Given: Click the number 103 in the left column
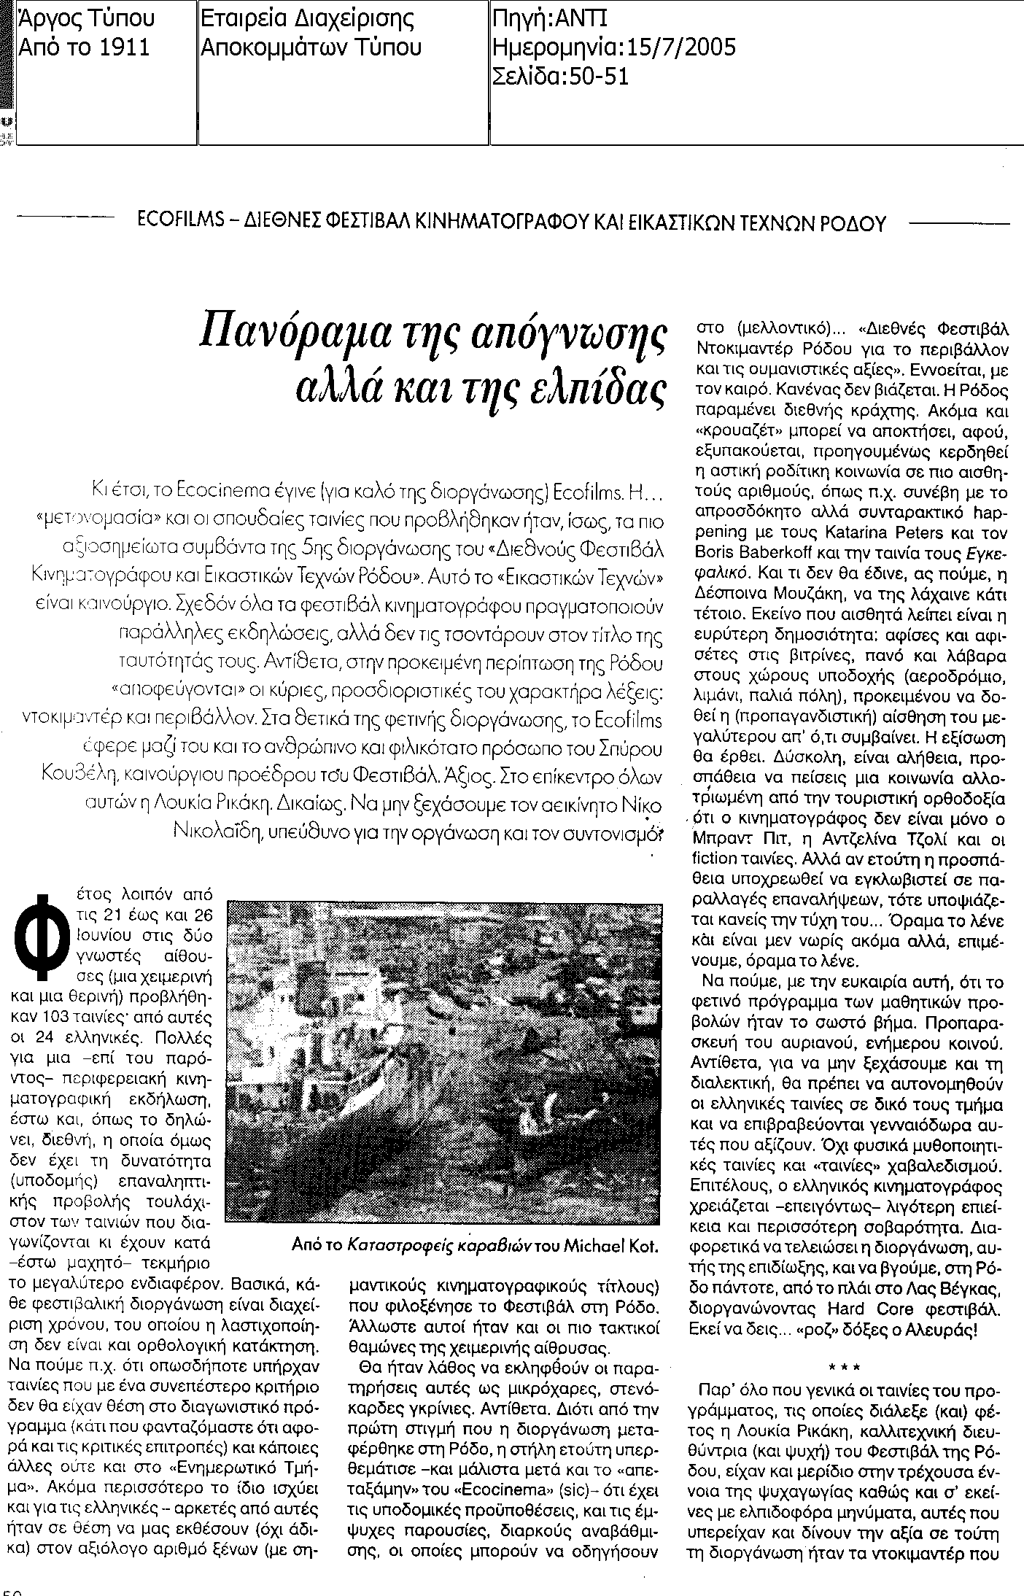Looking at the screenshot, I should click(84, 1015).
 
